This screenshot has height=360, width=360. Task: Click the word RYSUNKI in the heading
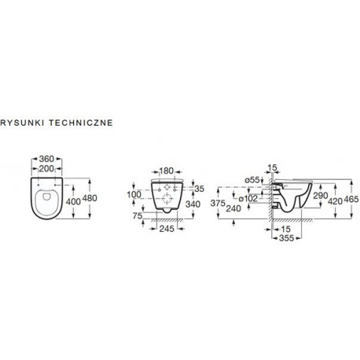(x=22, y=123)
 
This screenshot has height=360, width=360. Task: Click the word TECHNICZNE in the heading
(x=81, y=123)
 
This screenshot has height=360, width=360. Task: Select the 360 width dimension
(x=46, y=159)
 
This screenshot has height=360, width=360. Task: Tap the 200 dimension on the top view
(x=46, y=169)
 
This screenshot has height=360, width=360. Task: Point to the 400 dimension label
(x=73, y=201)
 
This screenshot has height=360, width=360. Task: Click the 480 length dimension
(x=90, y=198)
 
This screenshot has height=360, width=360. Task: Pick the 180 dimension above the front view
(x=167, y=171)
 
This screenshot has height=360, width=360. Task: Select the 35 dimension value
(x=199, y=189)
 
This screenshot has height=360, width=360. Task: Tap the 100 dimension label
(x=134, y=194)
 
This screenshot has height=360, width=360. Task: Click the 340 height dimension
(x=193, y=204)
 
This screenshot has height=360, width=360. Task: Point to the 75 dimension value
(x=138, y=215)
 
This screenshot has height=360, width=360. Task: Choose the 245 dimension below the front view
(x=167, y=229)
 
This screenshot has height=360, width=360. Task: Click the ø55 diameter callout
(x=252, y=180)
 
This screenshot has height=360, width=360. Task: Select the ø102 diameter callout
(x=248, y=198)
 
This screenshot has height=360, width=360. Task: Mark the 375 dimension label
(x=218, y=203)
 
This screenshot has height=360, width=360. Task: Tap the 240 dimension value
(x=233, y=208)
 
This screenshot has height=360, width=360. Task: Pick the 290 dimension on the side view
(x=321, y=196)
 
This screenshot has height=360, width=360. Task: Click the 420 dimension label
(x=336, y=201)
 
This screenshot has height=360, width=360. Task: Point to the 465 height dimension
(x=351, y=199)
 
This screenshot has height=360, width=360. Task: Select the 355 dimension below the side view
(x=286, y=238)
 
